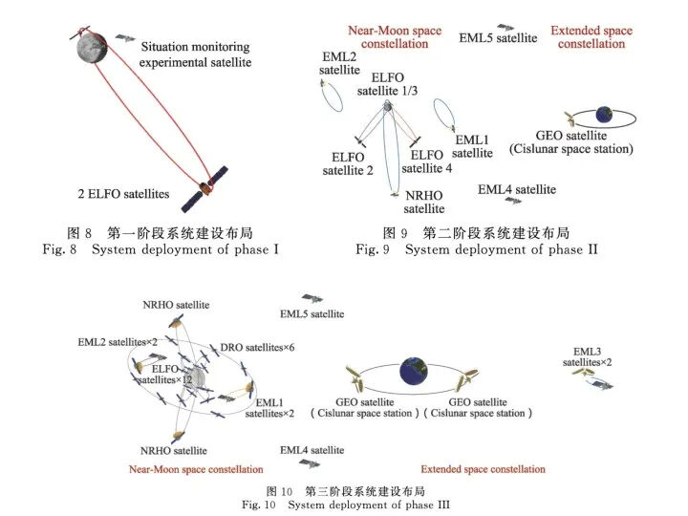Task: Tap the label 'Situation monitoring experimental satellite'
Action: click(195, 54)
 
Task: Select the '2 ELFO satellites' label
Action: click(124, 194)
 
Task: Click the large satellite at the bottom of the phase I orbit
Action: click(206, 187)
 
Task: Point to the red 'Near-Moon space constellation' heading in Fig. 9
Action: click(395, 37)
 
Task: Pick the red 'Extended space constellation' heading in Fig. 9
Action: click(591, 37)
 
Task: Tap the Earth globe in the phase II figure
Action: click(603, 116)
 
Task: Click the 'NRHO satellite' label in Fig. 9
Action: click(423, 203)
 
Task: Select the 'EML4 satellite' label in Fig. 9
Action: click(517, 190)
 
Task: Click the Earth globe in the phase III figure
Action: click(414, 368)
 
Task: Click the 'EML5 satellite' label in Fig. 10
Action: click(312, 313)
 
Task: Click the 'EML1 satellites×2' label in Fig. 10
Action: click(270, 409)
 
